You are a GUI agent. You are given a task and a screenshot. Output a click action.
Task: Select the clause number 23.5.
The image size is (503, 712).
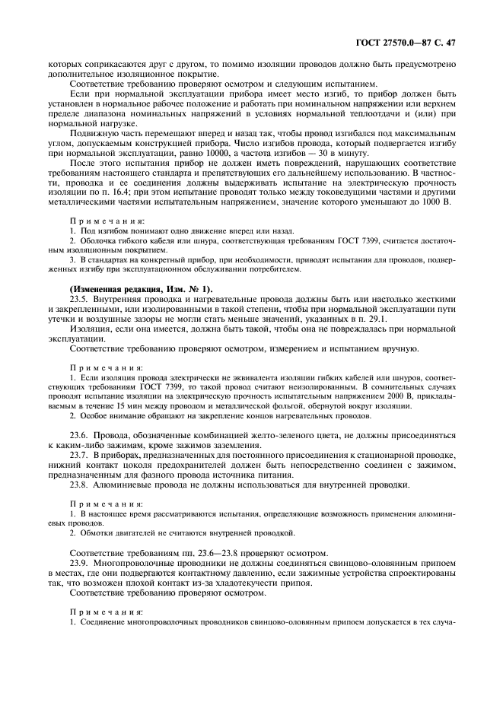[x=80, y=302]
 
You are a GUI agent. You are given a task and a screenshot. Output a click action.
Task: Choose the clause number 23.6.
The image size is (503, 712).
[x=80, y=443]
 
